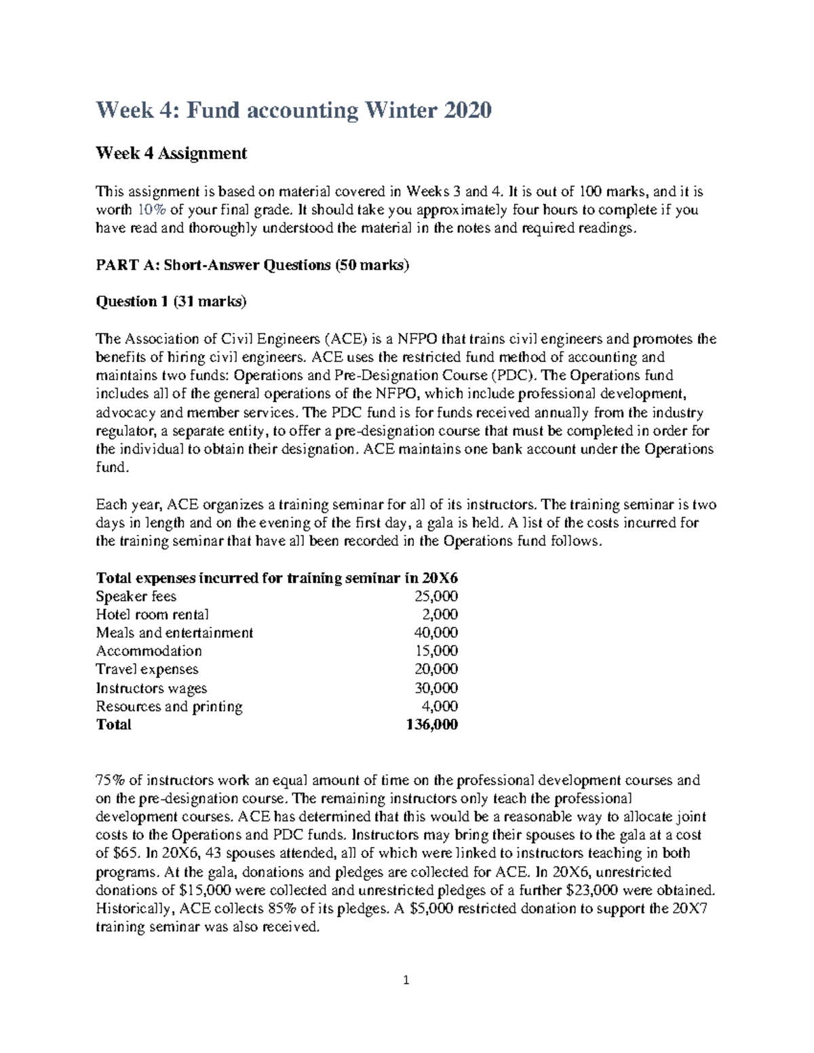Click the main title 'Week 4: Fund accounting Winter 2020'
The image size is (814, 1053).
coord(294,110)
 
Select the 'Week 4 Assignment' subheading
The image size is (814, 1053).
coord(171,154)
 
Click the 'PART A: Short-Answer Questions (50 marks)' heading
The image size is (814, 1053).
coord(253,266)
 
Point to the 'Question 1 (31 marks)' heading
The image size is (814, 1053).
coord(171,302)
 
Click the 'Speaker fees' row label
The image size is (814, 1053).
coord(136,597)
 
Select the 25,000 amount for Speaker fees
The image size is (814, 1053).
coord(435,597)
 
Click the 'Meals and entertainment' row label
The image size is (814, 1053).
coord(174,633)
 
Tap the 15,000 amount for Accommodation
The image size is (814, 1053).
coord(435,652)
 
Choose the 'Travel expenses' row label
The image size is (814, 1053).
coord(147,670)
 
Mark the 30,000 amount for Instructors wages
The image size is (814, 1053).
coord(435,688)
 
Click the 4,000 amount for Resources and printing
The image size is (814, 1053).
coord(440,707)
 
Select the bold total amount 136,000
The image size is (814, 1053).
coord(432,725)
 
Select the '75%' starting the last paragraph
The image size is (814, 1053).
coord(110,780)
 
